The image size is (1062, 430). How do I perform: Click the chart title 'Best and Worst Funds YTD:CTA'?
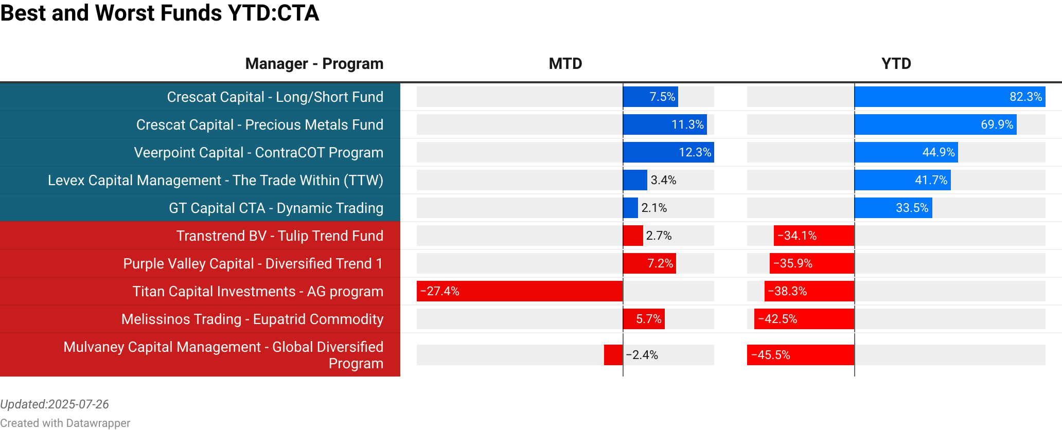[160, 13]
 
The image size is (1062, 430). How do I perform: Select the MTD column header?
[565, 64]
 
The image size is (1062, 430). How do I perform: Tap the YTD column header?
[896, 64]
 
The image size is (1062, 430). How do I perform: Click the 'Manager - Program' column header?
[314, 64]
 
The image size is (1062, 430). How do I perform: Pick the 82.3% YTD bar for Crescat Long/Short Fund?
[949, 97]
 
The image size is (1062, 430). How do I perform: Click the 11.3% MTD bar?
[665, 124]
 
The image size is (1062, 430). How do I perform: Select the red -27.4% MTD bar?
[520, 291]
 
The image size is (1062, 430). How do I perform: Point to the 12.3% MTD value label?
[695, 152]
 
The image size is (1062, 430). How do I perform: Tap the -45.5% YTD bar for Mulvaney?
[801, 355]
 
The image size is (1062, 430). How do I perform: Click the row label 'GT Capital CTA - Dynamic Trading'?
[276, 208]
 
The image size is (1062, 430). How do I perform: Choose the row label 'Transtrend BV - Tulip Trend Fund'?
[279, 236]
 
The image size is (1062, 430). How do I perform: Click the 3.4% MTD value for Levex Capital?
[663, 180]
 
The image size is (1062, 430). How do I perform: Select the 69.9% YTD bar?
[935, 124]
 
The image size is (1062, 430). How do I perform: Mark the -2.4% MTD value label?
[642, 355]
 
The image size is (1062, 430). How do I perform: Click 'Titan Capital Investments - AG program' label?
[257, 291]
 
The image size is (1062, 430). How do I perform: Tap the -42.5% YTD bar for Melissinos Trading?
[804, 319]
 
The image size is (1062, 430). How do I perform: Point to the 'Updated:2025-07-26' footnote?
[55, 404]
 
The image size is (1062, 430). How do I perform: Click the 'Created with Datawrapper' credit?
[65, 423]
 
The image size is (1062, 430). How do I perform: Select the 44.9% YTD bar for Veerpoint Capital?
[906, 152]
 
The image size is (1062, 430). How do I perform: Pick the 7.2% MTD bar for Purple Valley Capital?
[649, 263]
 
